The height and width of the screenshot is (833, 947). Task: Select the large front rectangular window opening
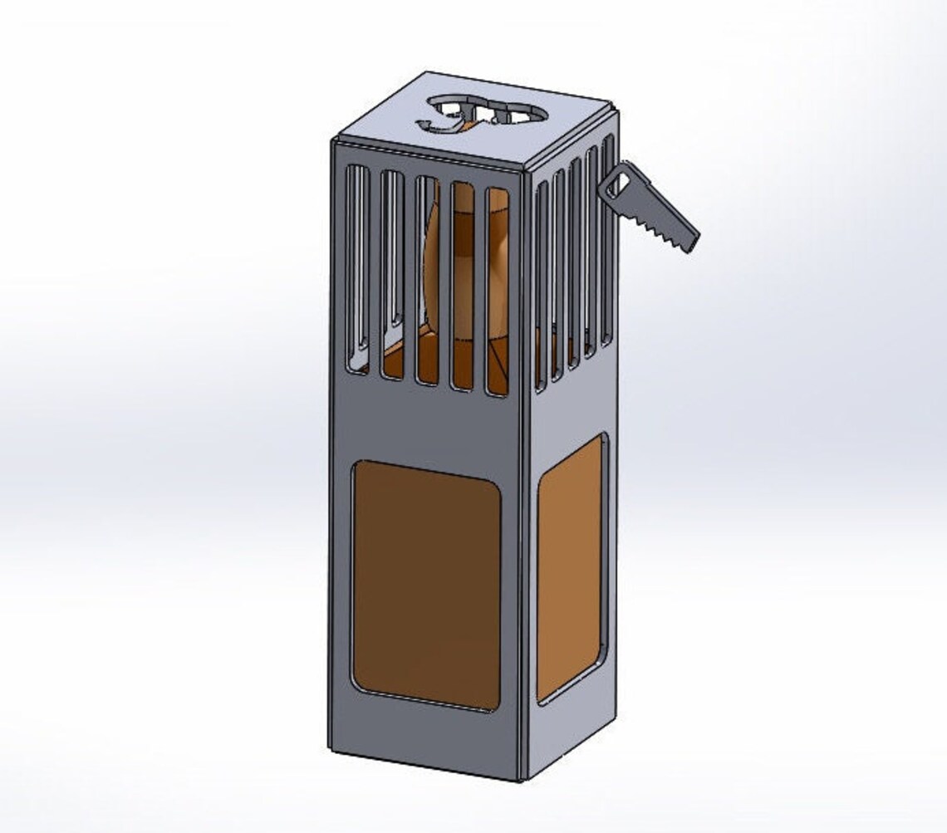click(x=426, y=585)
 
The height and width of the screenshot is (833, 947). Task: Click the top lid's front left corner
click(x=333, y=140)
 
